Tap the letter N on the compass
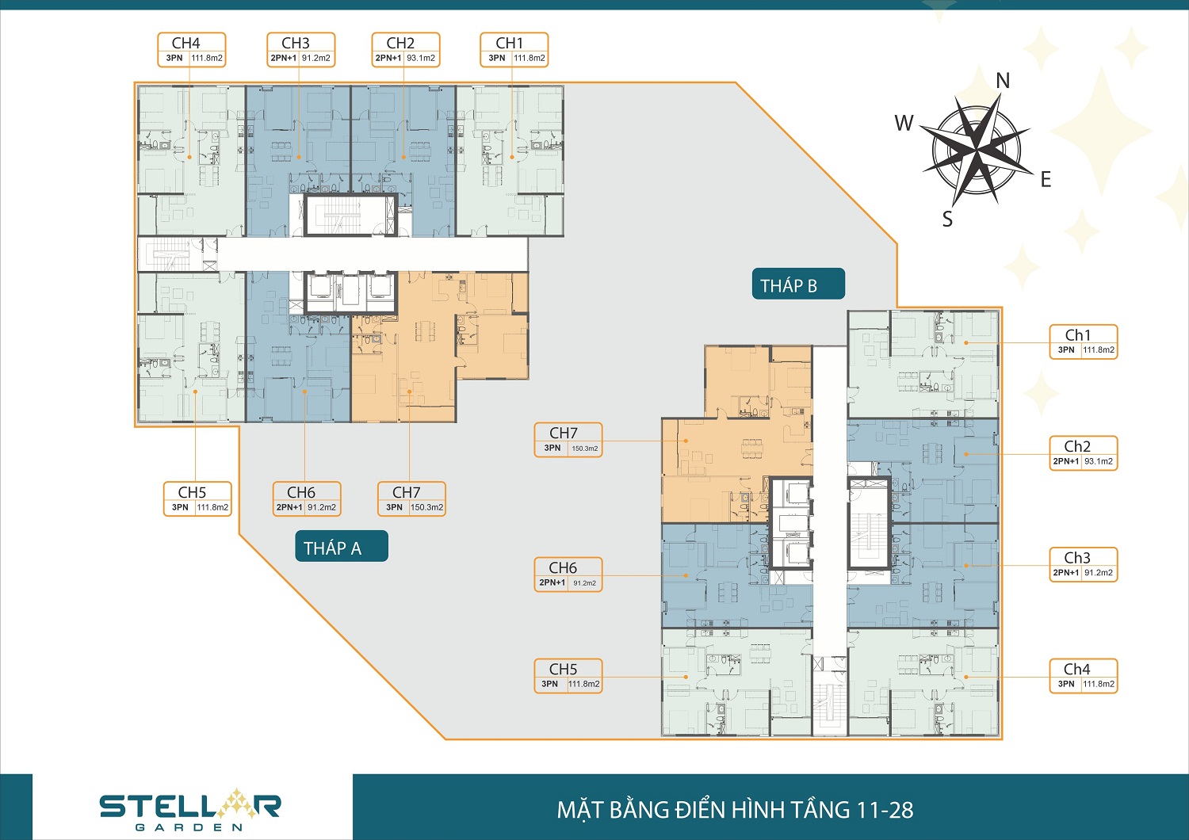(1003, 81)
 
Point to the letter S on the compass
(947, 219)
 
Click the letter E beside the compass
(1046, 179)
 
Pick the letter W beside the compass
(904, 123)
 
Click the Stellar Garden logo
(190, 811)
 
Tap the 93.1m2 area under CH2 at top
(421, 58)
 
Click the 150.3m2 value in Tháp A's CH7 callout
(426, 507)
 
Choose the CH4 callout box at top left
(192, 50)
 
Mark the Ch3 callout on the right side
(1084, 564)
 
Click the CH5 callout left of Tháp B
(568, 676)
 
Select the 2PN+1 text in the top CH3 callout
(284, 58)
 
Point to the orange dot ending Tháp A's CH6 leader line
(304, 391)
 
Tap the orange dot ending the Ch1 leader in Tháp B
(966, 343)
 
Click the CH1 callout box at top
(514, 50)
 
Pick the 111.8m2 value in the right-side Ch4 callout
(1099, 684)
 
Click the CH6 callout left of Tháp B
(568, 575)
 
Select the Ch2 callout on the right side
(1084, 453)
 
